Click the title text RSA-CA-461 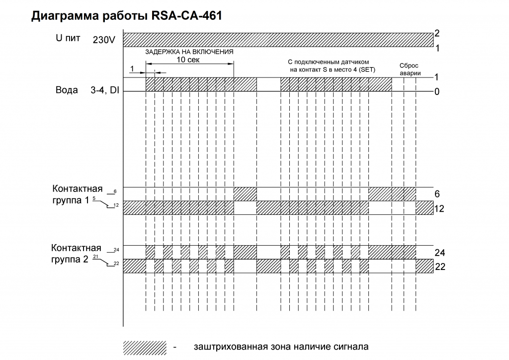click(186, 15)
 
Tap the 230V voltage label click(104, 40)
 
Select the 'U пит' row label click(68, 38)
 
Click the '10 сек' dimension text click(188, 60)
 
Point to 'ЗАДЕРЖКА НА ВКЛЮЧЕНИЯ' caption click(189, 52)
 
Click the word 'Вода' click(67, 90)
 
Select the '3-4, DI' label click(105, 90)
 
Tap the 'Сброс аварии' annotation click(410, 69)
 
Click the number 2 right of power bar click(437, 33)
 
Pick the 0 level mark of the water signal click(437, 92)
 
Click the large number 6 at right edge click(437, 194)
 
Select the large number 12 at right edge click(439, 209)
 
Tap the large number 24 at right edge click(440, 253)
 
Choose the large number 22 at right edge click(440, 267)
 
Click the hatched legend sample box click(145, 348)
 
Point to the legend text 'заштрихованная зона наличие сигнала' click(281, 347)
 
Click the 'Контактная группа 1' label click(77, 194)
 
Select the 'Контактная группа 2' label click(76, 254)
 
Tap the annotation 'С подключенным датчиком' click(328, 62)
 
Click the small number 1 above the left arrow click(132, 69)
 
